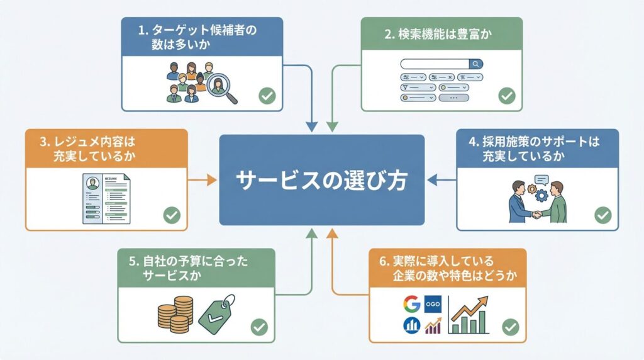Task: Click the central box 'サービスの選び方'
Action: coord(321,180)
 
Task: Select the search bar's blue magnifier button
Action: coord(476,64)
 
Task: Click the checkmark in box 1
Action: coord(267,96)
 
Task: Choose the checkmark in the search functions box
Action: coord(506,96)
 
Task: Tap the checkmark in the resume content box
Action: coord(171,215)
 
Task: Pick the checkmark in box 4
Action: coord(602,215)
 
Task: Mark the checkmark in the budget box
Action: coord(258,327)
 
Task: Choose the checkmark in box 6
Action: coord(510,327)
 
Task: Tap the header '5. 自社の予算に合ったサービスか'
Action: coord(196,268)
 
